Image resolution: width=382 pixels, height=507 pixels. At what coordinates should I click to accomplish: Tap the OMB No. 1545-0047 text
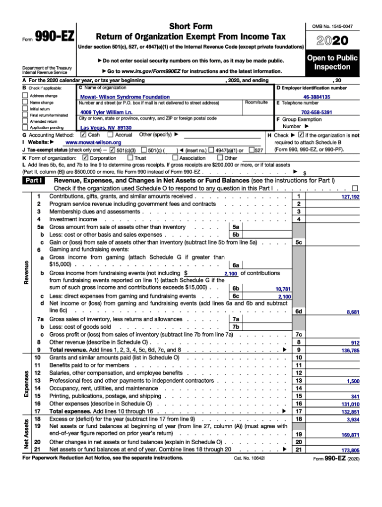(335, 26)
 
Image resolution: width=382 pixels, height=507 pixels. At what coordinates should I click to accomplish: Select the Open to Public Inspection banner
(332, 62)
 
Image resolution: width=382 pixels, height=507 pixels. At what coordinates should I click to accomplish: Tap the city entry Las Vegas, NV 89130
(103, 128)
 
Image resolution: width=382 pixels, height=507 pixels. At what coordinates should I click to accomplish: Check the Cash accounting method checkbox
(83, 135)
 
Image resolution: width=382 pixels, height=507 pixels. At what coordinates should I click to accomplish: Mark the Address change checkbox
(25, 96)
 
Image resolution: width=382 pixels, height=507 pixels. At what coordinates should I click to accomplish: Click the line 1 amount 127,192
(350, 197)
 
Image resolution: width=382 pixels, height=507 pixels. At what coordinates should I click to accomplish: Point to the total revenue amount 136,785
(350, 351)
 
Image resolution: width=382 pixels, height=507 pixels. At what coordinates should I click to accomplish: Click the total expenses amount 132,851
(350, 411)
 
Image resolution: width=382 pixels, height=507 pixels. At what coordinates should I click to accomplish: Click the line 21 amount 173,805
(350, 450)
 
